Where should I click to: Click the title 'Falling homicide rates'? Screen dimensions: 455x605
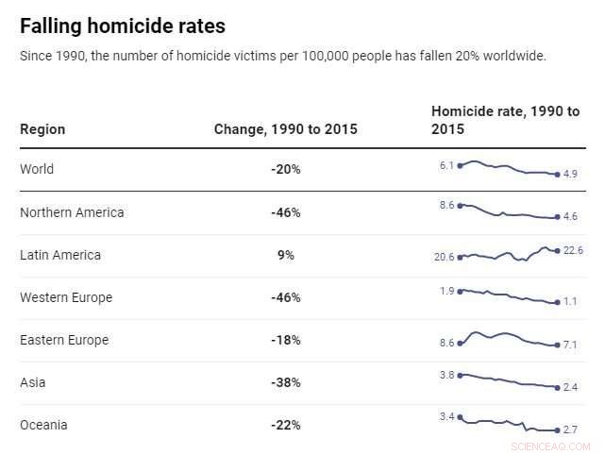[123, 25]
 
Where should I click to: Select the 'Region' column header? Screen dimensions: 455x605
[42, 129]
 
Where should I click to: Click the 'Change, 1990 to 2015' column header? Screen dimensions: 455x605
[285, 129]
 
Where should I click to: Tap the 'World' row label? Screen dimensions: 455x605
[37, 170]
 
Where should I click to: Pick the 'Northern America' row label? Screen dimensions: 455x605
[72, 212]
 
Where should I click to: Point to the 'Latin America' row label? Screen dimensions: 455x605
[60, 255]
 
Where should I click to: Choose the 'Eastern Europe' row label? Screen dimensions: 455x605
[64, 340]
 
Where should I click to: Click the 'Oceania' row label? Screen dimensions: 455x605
[43, 425]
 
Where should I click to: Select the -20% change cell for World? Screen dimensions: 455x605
[285, 170]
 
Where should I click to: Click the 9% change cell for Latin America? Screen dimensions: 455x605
[285, 255]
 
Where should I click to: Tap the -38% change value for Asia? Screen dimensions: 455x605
[285, 382]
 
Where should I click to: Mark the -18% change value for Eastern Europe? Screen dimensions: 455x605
[285, 340]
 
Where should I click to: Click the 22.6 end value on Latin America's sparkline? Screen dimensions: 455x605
[573, 250]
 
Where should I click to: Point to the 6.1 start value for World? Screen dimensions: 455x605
[446, 165]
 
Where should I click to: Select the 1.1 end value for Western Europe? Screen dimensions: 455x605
[570, 302]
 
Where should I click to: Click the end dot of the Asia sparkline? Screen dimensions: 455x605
[558, 387]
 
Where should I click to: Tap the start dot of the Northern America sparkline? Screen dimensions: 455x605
[460, 205]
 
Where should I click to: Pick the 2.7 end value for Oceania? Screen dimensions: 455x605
[570, 430]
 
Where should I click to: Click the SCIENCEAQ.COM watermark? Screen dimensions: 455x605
[550, 446]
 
